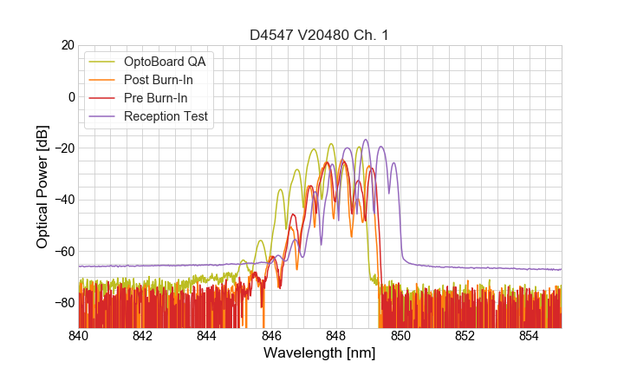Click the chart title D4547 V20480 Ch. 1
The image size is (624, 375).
[x=320, y=36]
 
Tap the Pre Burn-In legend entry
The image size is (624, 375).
[x=155, y=98]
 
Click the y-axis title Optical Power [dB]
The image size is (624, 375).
[x=42, y=187]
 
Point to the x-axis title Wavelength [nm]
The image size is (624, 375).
[x=320, y=353]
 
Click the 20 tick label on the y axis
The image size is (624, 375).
[x=67, y=45]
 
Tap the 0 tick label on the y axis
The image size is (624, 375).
[x=71, y=96]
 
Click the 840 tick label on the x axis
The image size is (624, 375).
[x=79, y=336]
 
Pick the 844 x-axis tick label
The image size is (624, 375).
[x=207, y=336]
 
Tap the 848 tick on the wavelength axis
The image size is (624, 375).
[x=336, y=336]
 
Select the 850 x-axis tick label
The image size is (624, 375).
[x=400, y=336]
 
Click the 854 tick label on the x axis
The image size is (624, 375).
[x=529, y=336]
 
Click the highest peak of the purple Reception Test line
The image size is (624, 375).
[x=366, y=140]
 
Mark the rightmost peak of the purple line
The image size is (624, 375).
[x=394, y=162]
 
